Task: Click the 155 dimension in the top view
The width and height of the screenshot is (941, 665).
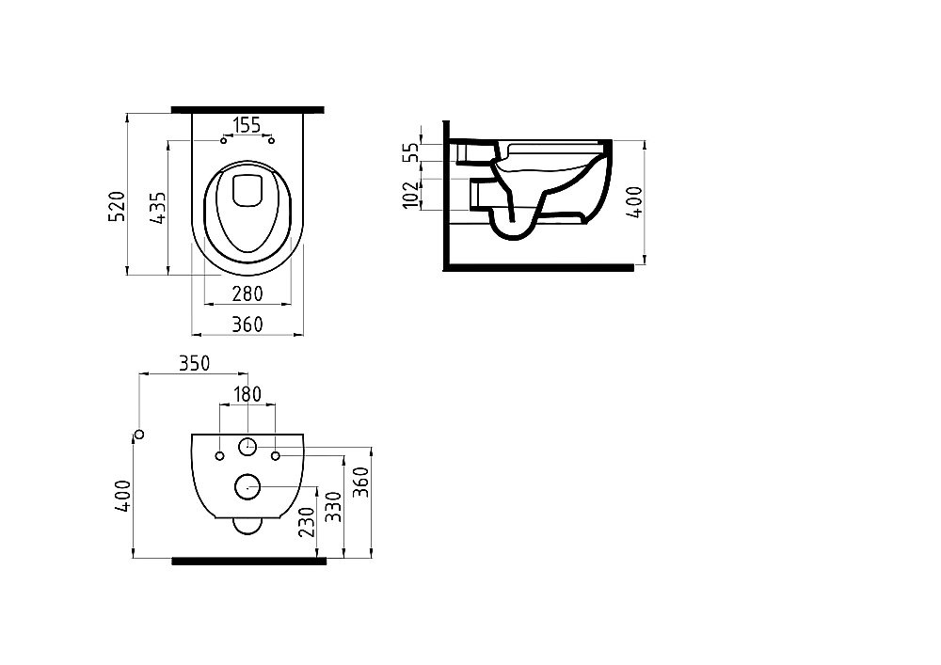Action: pos(247,124)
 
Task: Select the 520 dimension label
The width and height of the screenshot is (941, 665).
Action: pos(118,205)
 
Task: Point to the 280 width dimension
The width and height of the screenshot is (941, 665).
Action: pos(247,294)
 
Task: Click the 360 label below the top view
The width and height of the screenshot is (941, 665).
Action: pos(247,325)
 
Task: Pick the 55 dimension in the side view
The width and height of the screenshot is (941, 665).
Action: pos(409,153)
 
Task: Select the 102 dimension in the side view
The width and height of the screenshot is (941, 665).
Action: pos(409,195)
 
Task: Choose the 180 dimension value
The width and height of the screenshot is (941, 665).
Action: pos(247,394)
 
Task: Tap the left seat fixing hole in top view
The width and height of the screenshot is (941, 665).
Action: pos(223,142)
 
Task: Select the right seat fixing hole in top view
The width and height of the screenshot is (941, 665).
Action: pos(271,142)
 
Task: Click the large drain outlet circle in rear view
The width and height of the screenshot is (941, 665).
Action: pos(247,486)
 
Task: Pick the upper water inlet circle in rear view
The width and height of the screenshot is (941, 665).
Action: pos(247,447)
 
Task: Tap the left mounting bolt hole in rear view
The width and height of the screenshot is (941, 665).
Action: pos(219,456)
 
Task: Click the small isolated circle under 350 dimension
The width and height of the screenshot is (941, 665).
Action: pos(139,434)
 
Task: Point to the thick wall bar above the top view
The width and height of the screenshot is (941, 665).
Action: pos(247,109)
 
